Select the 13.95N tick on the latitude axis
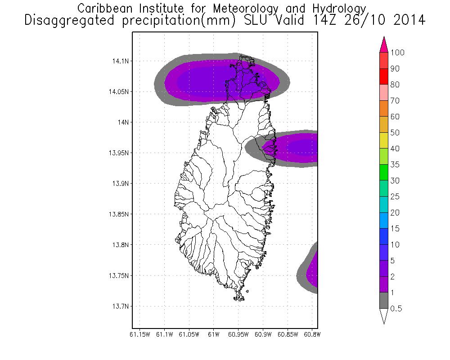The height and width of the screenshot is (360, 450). point(118,153)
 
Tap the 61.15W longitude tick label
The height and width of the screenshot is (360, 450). point(140,334)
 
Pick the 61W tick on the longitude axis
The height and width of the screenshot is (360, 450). point(213,334)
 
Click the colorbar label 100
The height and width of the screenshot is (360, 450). point(398,53)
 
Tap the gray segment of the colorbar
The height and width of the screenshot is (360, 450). point(384,301)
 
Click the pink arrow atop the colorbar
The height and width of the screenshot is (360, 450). point(384,45)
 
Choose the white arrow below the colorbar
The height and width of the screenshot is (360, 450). point(384,316)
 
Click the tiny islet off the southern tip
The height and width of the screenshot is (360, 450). point(247,292)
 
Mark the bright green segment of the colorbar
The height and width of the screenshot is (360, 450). point(384,173)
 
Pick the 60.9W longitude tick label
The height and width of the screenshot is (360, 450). point(262,334)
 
